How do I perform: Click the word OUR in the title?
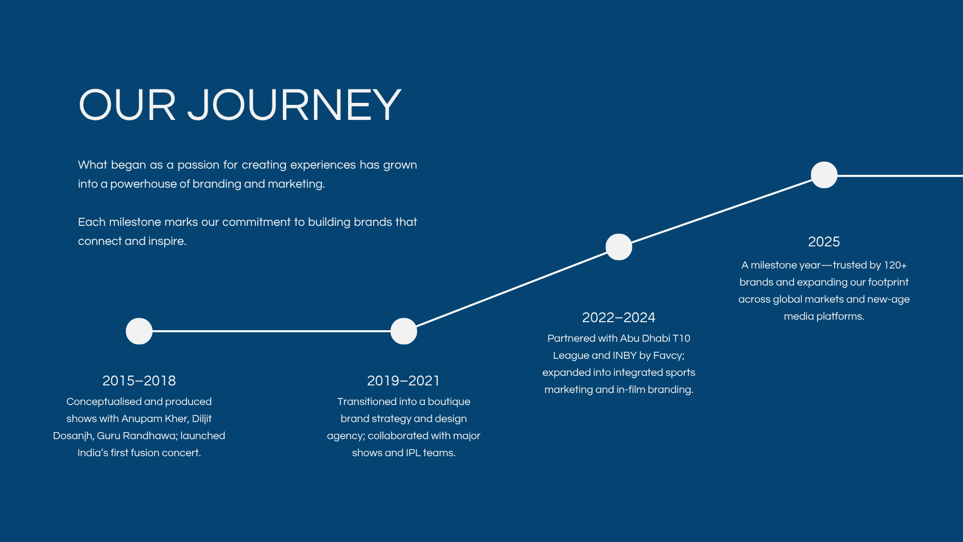click(x=127, y=105)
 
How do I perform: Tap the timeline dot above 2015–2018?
click(x=139, y=331)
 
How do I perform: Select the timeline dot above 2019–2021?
click(x=404, y=331)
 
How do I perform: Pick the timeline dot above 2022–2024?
click(x=619, y=247)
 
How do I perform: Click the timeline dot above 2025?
click(x=824, y=175)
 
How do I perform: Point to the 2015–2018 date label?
click(x=139, y=381)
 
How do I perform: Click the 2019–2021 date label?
click(x=403, y=381)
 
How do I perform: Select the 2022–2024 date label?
click(x=618, y=318)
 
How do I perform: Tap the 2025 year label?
click(x=824, y=242)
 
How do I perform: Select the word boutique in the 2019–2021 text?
click(x=449, y=402)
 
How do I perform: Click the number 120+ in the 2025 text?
click(x=895, y=265)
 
